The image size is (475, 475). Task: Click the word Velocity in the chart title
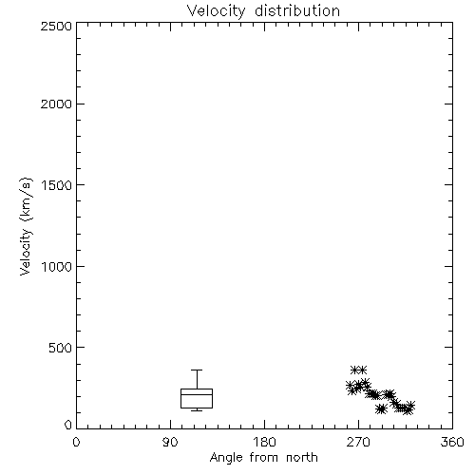pos(217,11)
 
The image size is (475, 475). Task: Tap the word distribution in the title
pos(297,10)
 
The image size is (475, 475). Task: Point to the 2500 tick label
pos(56,26)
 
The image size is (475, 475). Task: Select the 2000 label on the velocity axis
pos(56,104)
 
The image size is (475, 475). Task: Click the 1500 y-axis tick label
pos(57,185)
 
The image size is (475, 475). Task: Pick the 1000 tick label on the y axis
pos(57,266)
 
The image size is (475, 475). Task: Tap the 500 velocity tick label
pos(60,348)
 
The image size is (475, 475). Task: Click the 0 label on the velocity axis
pos(68,425)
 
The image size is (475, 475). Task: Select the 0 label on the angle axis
pos(76,442)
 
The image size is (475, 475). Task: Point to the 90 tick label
pos(170,442)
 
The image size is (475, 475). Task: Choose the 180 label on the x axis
pos(264,442)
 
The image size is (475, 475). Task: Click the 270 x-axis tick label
pos(358,442)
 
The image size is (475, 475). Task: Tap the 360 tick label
pos(452,442)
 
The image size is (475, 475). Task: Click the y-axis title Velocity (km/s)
pos(26,226)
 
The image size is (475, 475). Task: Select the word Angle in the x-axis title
pos(226,458)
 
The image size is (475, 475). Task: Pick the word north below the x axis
pos(302,458)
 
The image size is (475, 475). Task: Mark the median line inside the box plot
pos(197,394)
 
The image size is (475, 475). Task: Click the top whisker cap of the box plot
pos(197,370)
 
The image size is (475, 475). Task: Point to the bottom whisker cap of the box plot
pos(197,410)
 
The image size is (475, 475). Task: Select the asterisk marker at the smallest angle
pos(350,386)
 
